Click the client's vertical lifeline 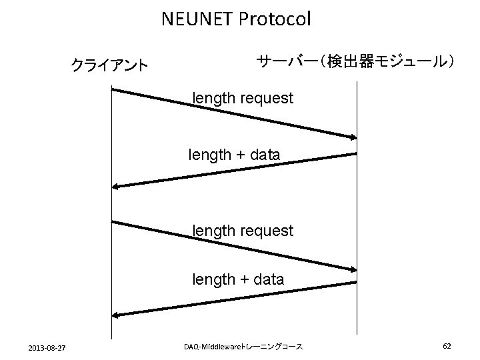(111, 267)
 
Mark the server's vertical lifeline (357, 200)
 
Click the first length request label (243, 99)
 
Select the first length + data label (234, 155)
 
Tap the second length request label (243, 231)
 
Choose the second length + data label (238, 279)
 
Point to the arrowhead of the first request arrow (353, 137)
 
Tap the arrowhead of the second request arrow (353, 269)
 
